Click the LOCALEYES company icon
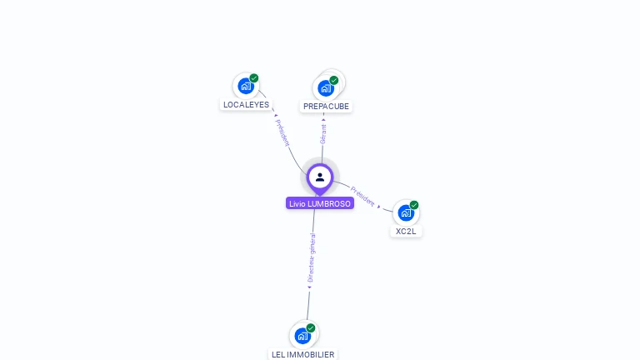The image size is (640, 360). [246, 86]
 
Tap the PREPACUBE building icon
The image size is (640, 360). [325, 87]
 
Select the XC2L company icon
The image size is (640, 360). [405, 212]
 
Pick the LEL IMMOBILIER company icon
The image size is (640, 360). [302, 335]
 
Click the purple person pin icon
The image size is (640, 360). [320, 177]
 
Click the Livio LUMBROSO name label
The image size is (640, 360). [320, 203]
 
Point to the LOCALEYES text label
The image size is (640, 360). [246, 105]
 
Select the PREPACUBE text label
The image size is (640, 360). [326, 107]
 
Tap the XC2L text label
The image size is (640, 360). [406, 231]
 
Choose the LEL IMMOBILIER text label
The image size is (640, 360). [302, 354]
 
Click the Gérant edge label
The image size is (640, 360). [323, 131]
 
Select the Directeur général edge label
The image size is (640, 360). [312, 258]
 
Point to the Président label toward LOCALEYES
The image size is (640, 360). [282, 132]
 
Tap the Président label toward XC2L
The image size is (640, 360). [362, 195]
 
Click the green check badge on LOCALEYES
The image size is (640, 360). [254, 78]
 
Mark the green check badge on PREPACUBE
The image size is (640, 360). [334, 81]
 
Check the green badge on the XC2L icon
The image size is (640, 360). [414, 205]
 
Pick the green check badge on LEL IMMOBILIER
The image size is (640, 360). [311, 328]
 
